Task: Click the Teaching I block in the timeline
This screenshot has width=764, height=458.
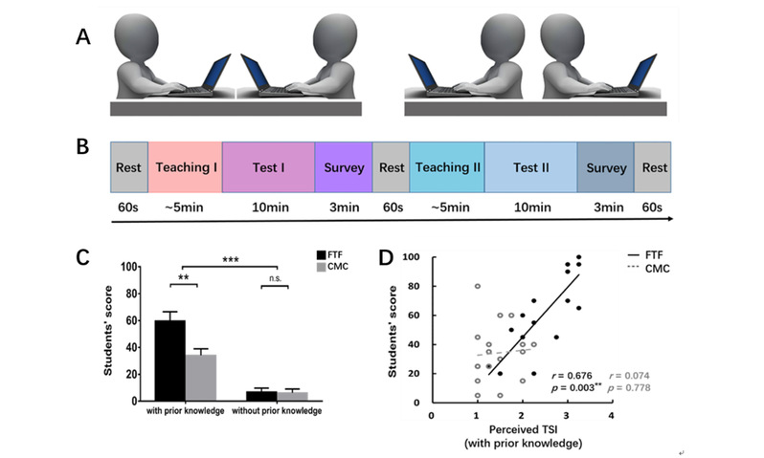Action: tap(185, 167)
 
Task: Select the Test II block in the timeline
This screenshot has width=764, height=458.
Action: tap(529, 167)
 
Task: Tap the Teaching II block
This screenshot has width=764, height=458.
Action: tap(447, 167)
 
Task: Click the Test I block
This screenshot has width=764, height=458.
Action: tap(268, 167)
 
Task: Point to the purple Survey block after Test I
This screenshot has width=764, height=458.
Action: tap(343, 167)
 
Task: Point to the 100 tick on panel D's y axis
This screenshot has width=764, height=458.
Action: tap(415, 258)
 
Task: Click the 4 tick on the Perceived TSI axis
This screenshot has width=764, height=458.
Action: tap(610, 416)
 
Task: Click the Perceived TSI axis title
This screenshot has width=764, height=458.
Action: tap(521, 430)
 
